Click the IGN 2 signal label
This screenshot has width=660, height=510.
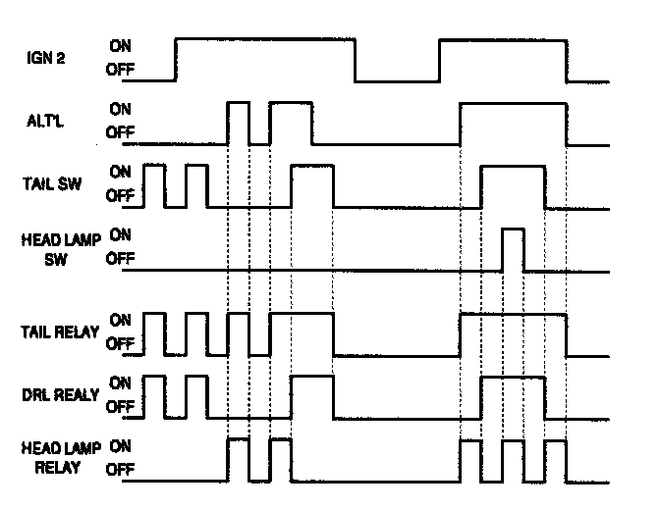[x=46, y=58]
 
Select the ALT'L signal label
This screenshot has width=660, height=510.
[x=46, y=121]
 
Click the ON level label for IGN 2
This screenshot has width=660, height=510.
[x=121, y=45]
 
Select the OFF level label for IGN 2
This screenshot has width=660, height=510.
[x=121, y=70]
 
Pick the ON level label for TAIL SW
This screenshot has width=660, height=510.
[x=121, y=170]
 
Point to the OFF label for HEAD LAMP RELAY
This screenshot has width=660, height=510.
[x=121, y=469]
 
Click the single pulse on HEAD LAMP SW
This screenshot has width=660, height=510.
[x=513, y=249]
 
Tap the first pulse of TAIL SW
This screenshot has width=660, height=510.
[x=154, y=185]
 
